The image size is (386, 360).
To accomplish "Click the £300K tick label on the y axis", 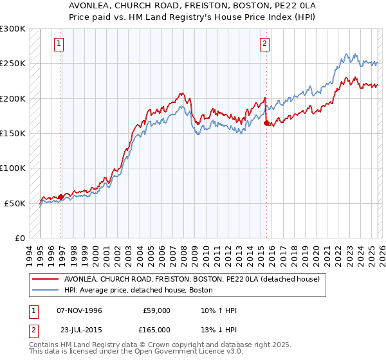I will (13, 29).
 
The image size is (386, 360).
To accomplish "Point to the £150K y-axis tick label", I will (13, 134).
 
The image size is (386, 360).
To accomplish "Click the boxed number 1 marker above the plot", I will (59, 44).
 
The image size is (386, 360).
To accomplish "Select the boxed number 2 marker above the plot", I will (264, 44).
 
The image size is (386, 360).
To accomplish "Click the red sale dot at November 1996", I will (60, 197).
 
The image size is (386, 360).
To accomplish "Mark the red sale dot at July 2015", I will (266, 123).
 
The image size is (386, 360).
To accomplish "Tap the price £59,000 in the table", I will (156, 310).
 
